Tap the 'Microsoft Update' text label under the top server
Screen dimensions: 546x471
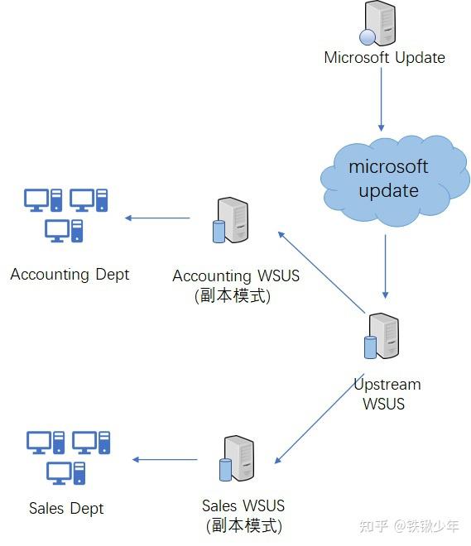pos(384,58)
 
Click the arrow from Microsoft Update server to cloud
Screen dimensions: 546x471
pos(382,99)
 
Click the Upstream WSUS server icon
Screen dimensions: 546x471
pos(383,336)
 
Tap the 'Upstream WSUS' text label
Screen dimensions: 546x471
pos(387,394)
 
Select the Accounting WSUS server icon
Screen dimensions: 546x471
pos(231,220)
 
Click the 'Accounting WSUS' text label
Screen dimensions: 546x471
pos(236,275)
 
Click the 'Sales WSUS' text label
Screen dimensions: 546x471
pos(243,505)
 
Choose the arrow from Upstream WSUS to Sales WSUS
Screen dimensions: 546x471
pos(319,421)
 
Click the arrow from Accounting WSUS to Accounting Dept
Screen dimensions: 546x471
pos(157,218)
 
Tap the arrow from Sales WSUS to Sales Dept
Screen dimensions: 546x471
pos(166,460)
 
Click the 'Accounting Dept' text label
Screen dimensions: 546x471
pos(70,274)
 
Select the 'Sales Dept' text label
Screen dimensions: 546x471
pos(66,508)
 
